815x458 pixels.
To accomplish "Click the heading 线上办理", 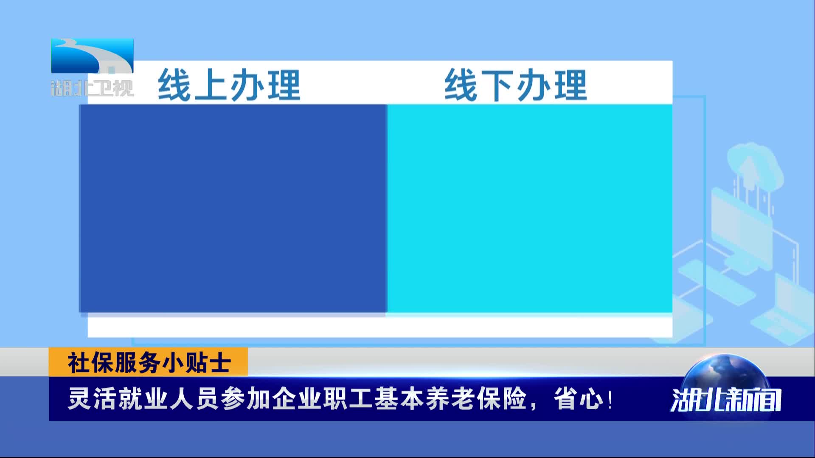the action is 229,85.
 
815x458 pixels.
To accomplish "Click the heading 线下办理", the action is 516,85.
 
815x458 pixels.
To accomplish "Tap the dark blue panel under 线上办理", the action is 233,208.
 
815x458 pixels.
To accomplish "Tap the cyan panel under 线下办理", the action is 530,208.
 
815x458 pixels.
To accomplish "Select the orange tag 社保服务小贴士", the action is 148,362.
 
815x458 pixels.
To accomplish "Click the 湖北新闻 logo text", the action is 726,400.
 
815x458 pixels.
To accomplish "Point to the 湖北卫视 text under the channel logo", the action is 92,88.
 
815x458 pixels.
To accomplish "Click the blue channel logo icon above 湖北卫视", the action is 92,56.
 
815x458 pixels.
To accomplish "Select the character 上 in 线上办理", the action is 211,85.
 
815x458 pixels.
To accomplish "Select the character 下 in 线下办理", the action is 497,85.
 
